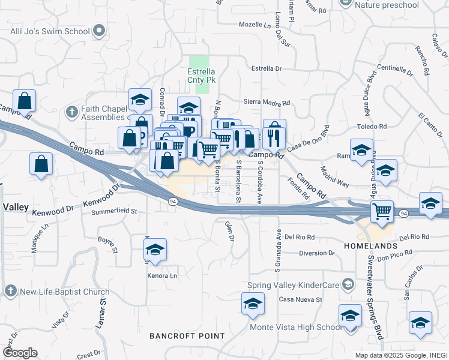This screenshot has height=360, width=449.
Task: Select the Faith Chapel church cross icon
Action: pyautogui.click(x=71, y=112)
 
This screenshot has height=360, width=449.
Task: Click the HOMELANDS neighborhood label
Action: pyautogui.click(x=370, y=247)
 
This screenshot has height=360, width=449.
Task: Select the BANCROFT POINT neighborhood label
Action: pyautogui.click(x=178, y=335)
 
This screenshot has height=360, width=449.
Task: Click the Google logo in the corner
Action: pyautogui.click(x=20, y=353)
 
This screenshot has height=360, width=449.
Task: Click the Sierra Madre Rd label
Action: pyautogui.click(x=262, y=102)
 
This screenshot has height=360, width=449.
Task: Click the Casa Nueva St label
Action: pyautogui.click(x=301, y=299)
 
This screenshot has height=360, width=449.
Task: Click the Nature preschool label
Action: pyautogui.click(x=387, y=5)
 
